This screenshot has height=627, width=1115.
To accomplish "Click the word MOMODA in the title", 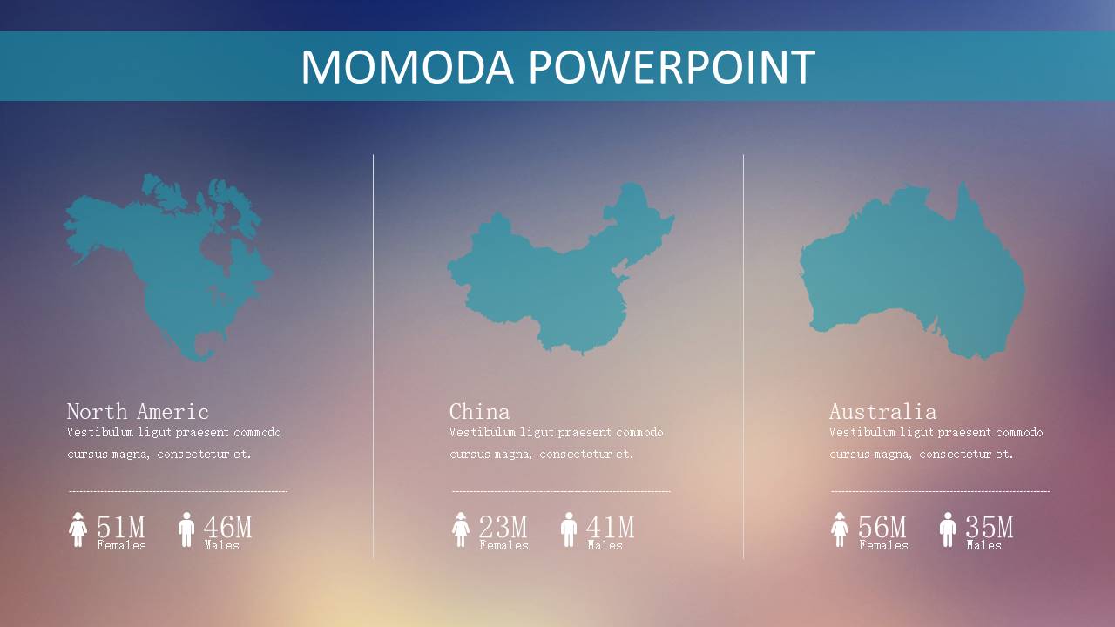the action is click(407, 67).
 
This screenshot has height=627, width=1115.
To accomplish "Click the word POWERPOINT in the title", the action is click(672, 67).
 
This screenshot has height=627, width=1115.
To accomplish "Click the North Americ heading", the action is click(138, 412).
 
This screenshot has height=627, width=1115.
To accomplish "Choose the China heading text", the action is click(479, 412).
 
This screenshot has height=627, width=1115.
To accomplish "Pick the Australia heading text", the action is click(883, 412).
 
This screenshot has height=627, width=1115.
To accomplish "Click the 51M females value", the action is click(121, 527).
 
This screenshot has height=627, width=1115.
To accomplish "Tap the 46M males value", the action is click(228, 527).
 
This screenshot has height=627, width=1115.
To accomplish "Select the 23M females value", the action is click(503, 527).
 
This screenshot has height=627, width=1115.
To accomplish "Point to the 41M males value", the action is click(611, 527).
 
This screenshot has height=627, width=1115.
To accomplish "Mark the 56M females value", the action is click(882, 527).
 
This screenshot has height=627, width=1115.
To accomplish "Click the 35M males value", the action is click(989, 527).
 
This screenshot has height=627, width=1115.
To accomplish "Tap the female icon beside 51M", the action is click(78, 529).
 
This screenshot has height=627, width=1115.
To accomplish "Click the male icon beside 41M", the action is click(569, 529).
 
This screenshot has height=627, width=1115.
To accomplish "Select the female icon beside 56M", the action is click(840, 529).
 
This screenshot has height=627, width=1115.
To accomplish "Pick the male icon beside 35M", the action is click(948, 529).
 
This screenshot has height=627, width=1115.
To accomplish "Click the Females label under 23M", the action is click(503, 545).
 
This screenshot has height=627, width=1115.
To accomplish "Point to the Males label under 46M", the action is click(221, 545).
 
